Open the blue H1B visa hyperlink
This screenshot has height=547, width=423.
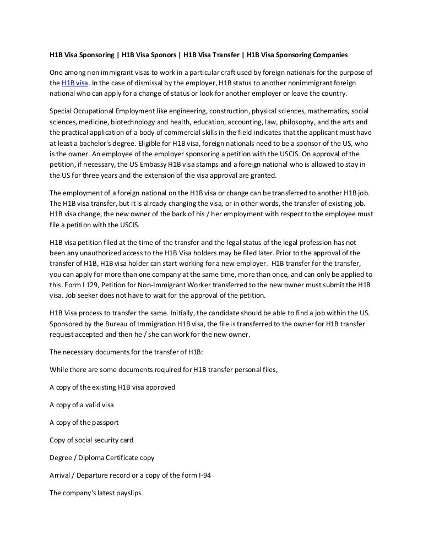(x=75, y=83)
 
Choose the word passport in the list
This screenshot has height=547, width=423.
(x=105, y=423)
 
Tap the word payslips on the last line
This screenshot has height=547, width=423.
(x=128, y=493)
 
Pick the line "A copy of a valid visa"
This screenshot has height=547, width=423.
(x=82, y=405)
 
